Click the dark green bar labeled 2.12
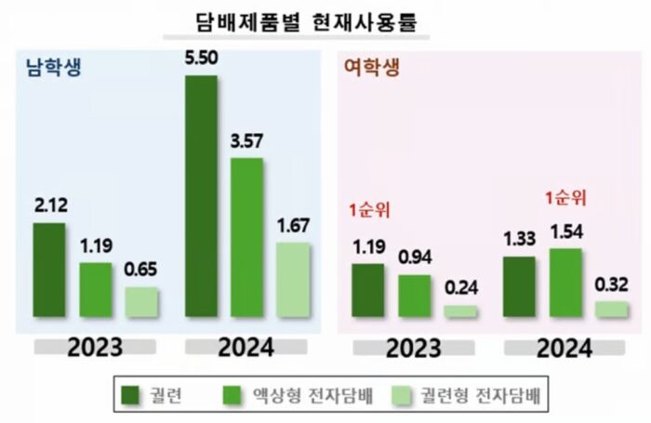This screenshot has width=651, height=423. [x=49, y=270]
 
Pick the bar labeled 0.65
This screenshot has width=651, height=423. [x=141, y=301]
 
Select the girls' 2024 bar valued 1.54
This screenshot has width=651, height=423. [x=565, y=283]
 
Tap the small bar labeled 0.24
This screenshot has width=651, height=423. [x=459, y=311]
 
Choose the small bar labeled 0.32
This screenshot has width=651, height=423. [x=611, y=310]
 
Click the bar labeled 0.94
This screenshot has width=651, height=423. [x=414, y=296]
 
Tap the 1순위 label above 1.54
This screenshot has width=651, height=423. [x=565, y=199]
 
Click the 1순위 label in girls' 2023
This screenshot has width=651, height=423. [x=368, y=208]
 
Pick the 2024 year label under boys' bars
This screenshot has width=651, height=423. [x=246, y=348]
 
